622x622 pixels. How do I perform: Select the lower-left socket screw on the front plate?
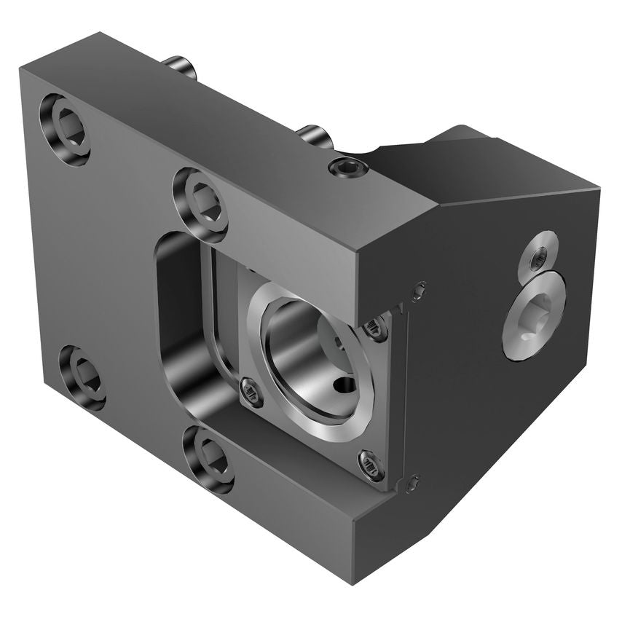point(82,377)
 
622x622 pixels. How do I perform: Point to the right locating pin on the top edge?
point(315,136)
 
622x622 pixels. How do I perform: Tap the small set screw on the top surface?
point(348,168)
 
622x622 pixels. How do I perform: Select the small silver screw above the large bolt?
point(538,254)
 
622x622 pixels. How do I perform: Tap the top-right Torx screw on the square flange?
point(377,328)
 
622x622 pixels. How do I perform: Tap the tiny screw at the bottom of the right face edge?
point(413,481)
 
